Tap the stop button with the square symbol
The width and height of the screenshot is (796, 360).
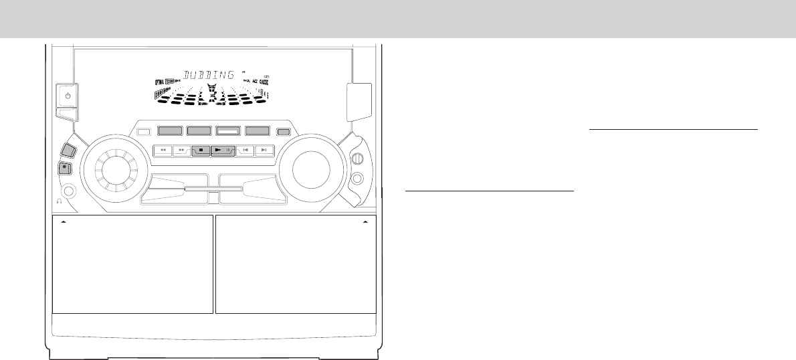[x=201, y=151]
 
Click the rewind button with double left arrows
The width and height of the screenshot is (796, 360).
[x=162, y=151]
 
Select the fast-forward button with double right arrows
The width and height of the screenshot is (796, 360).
[x=181, y=151]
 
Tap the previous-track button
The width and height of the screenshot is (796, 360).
[x=245, y=151]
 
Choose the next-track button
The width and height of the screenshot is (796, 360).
[x=265, y=151]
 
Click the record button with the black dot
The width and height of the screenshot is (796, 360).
[x=65, y=167]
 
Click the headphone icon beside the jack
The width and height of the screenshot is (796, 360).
[x=60, y=200]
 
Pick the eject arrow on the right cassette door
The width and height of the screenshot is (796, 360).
[x=365, y=219]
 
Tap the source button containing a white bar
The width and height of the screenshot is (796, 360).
[x=228, y=132]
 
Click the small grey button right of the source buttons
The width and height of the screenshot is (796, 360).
[x=284, y=132]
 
